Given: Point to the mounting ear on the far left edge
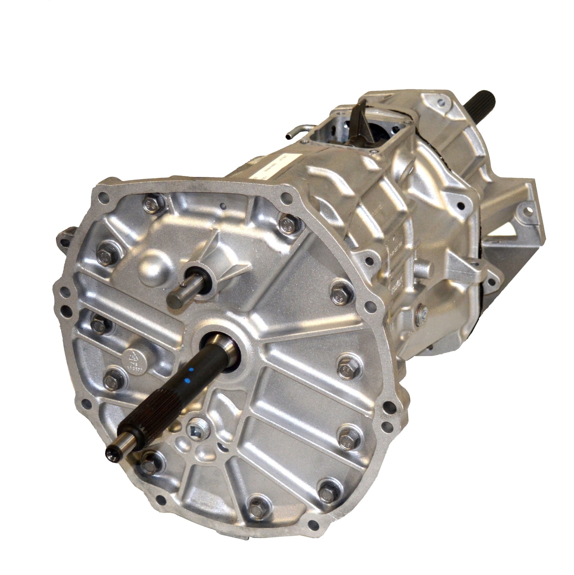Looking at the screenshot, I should tap(64, 236).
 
